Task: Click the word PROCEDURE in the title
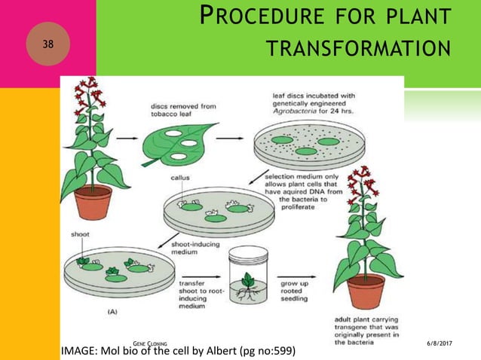[x=257, y=17]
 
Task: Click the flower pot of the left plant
[x=93, y=201]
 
